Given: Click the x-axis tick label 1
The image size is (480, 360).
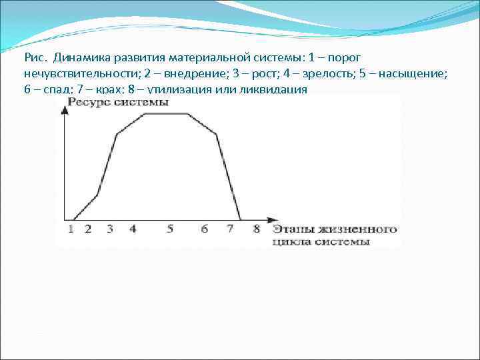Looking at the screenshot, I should (71, 229).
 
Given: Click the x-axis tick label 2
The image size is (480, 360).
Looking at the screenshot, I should (88, 229).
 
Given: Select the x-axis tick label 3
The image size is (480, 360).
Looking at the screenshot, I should (109, 229).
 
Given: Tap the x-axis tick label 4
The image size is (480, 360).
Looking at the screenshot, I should (133, 229).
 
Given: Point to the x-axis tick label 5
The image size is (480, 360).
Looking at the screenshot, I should (170, 229).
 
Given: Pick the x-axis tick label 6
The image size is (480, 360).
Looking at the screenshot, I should (204, 229).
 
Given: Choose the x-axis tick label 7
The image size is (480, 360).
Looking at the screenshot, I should (230, 229).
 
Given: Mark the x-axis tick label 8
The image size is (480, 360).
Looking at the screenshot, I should (257, 229).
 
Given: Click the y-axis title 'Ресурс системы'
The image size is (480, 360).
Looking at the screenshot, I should (117, 102).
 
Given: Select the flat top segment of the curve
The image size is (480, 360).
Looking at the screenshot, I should (166, 114).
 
